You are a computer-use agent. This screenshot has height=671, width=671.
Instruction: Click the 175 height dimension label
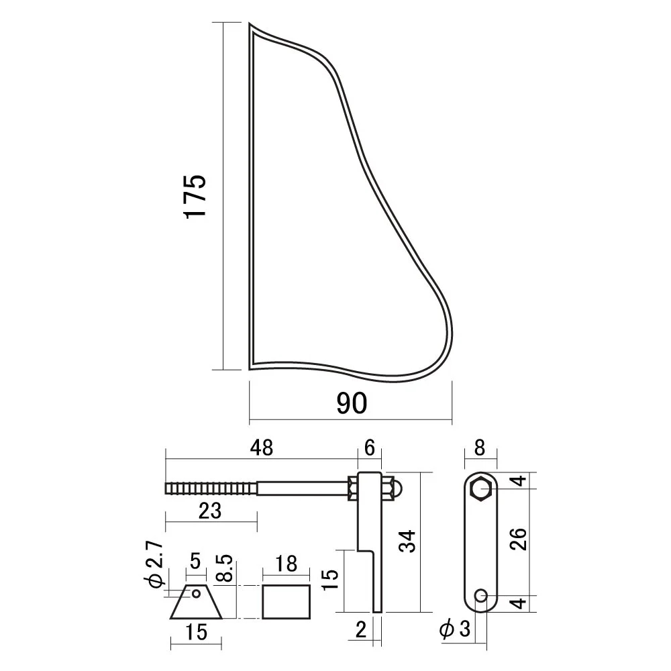click(x=195, y=196)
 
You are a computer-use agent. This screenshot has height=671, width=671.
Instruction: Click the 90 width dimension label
click(x=352, y=403)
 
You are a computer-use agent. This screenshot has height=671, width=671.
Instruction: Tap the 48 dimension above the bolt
click(x=262, y=448)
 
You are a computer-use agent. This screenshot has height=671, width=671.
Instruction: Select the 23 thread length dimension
click(x=210, y=511)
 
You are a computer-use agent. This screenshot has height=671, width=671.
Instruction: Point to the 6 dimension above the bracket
click(x=369, y=448)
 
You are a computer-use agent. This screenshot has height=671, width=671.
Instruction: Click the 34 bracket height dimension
click(x=407, y=541)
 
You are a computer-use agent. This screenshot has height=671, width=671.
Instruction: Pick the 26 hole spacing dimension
click(x=518, y=539)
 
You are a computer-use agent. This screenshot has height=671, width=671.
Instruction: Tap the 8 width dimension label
click(x=480, y=448)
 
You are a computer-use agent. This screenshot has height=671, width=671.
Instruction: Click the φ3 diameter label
click(x=454, y=629)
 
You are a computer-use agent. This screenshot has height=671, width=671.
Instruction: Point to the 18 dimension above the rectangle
click(x=286, y=564)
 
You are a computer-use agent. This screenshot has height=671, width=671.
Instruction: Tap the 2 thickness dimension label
click(x=361, y=629)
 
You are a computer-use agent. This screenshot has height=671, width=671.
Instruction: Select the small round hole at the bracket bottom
click(x=481, y=595)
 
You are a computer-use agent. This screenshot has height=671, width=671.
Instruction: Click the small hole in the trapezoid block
click(x=196, y=594)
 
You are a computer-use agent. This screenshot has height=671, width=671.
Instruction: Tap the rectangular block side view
click(x=287, y=602)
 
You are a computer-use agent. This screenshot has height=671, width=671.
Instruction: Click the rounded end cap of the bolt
click(x=398, y=488)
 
